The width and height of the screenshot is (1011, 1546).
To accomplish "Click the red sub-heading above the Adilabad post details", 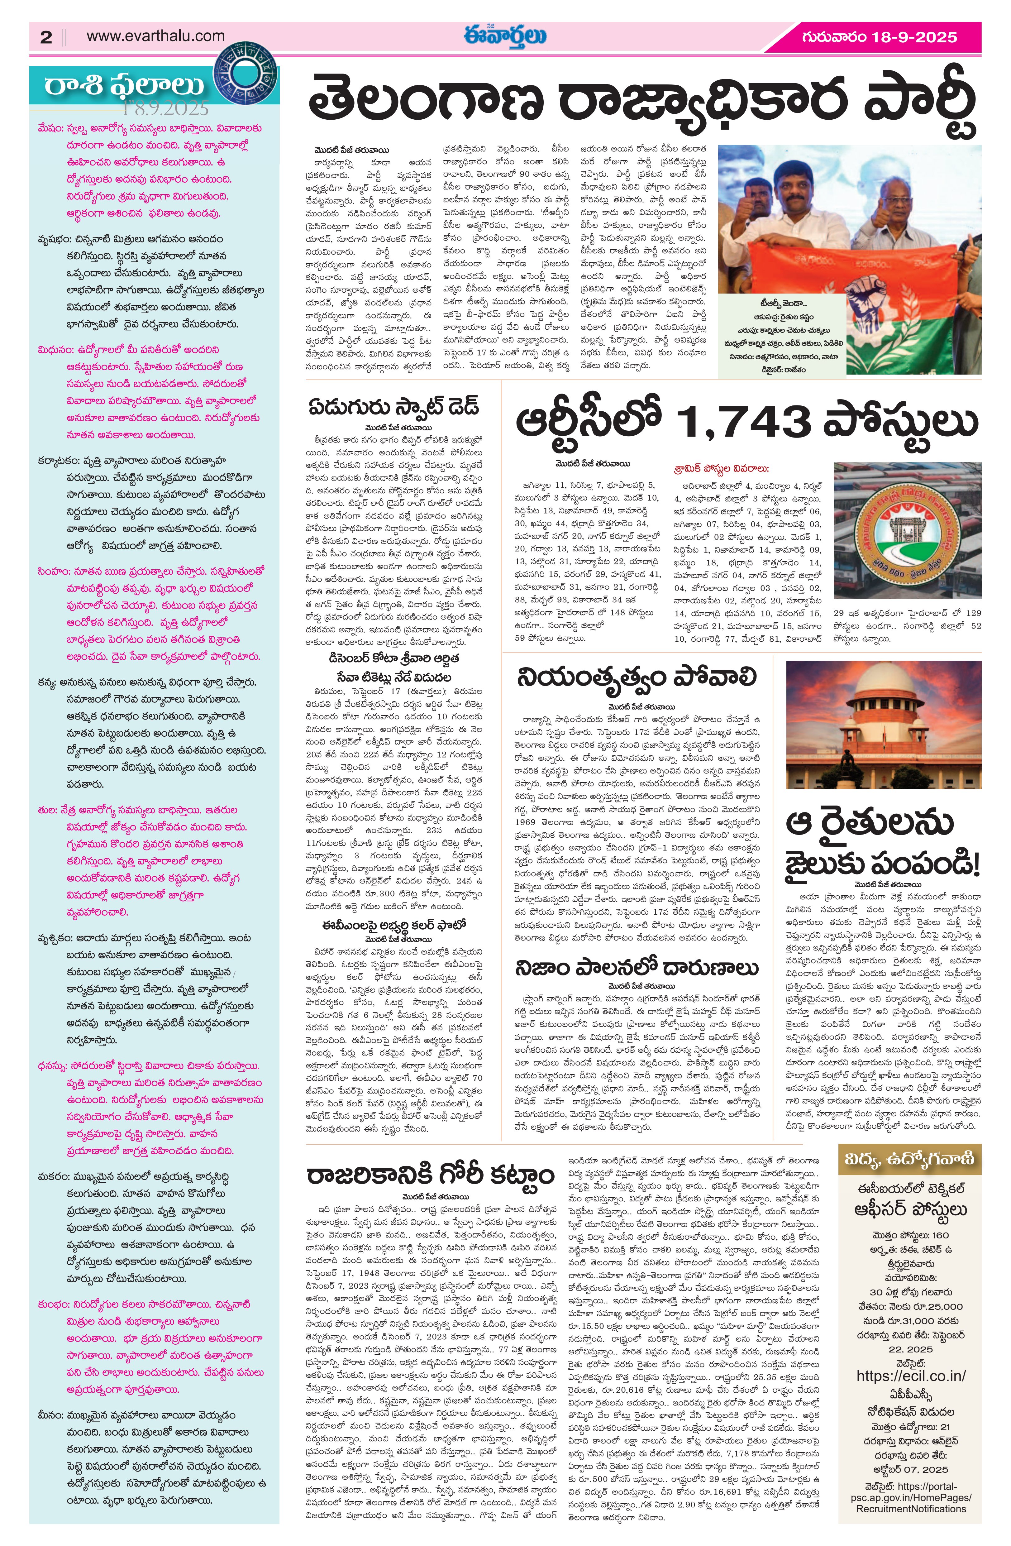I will (x=721, y=468).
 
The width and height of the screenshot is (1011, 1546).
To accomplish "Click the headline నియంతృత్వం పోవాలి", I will (x=637, y=678).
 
